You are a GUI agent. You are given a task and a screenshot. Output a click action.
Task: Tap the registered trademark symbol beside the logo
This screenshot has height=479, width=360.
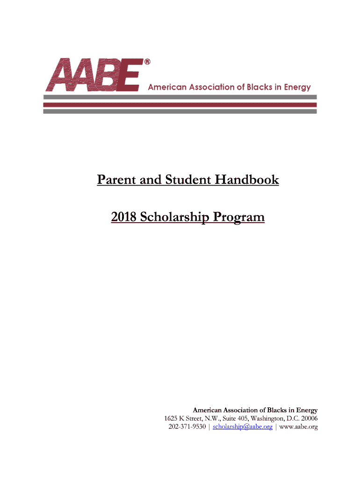tap(147, 62)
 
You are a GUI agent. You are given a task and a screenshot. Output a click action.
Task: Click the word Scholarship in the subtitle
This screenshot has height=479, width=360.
tap(175, 218)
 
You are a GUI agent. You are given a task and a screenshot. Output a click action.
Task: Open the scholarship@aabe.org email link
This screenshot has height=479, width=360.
tap(242, 427)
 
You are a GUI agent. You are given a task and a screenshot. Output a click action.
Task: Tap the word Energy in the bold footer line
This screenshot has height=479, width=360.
tap(306, 410)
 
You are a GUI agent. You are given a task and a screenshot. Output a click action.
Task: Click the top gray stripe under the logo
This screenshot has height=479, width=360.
tap(180, 97)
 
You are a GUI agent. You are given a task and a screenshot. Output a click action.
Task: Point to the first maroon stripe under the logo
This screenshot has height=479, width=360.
tap(180, 105)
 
